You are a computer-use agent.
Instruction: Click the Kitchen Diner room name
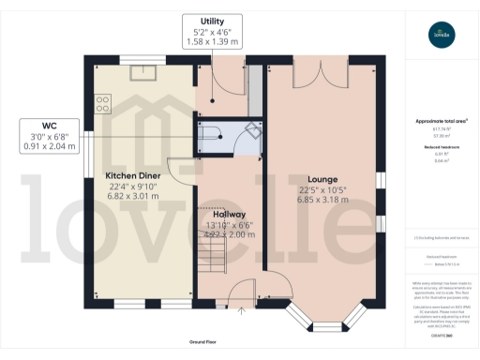tap(133, 176)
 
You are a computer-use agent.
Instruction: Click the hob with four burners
tap(102, 102)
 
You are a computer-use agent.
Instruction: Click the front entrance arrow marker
tap(243, 308)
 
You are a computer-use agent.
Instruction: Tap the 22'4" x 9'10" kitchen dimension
tap(133, 187)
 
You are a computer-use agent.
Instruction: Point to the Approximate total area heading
tap(440, 122)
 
